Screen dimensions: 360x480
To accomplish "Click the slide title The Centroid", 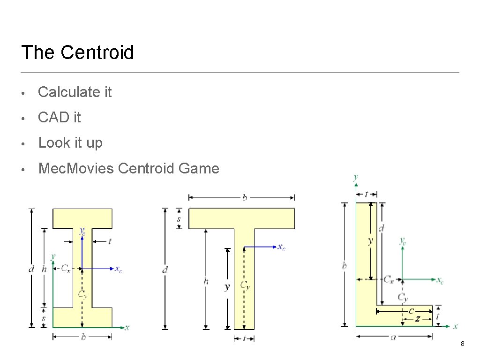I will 77,52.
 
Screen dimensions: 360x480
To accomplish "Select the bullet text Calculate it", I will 75,92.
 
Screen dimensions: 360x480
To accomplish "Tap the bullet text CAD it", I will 59,117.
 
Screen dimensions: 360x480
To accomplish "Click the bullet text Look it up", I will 70,142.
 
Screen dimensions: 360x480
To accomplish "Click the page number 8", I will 463,345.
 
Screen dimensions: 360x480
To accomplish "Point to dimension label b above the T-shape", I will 244,197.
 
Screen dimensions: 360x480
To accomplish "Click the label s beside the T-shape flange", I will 179,219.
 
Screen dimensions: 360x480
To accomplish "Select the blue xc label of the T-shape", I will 281,247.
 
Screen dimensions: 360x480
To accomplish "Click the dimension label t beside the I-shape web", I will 109,241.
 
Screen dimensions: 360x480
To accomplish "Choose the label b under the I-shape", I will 83,337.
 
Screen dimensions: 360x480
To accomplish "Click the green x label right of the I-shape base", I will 127,327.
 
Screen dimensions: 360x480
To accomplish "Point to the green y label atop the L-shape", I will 356,177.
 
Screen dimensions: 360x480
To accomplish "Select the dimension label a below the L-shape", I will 393,337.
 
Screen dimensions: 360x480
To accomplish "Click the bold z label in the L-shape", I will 417,318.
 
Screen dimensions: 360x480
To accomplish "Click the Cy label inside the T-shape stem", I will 245,285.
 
